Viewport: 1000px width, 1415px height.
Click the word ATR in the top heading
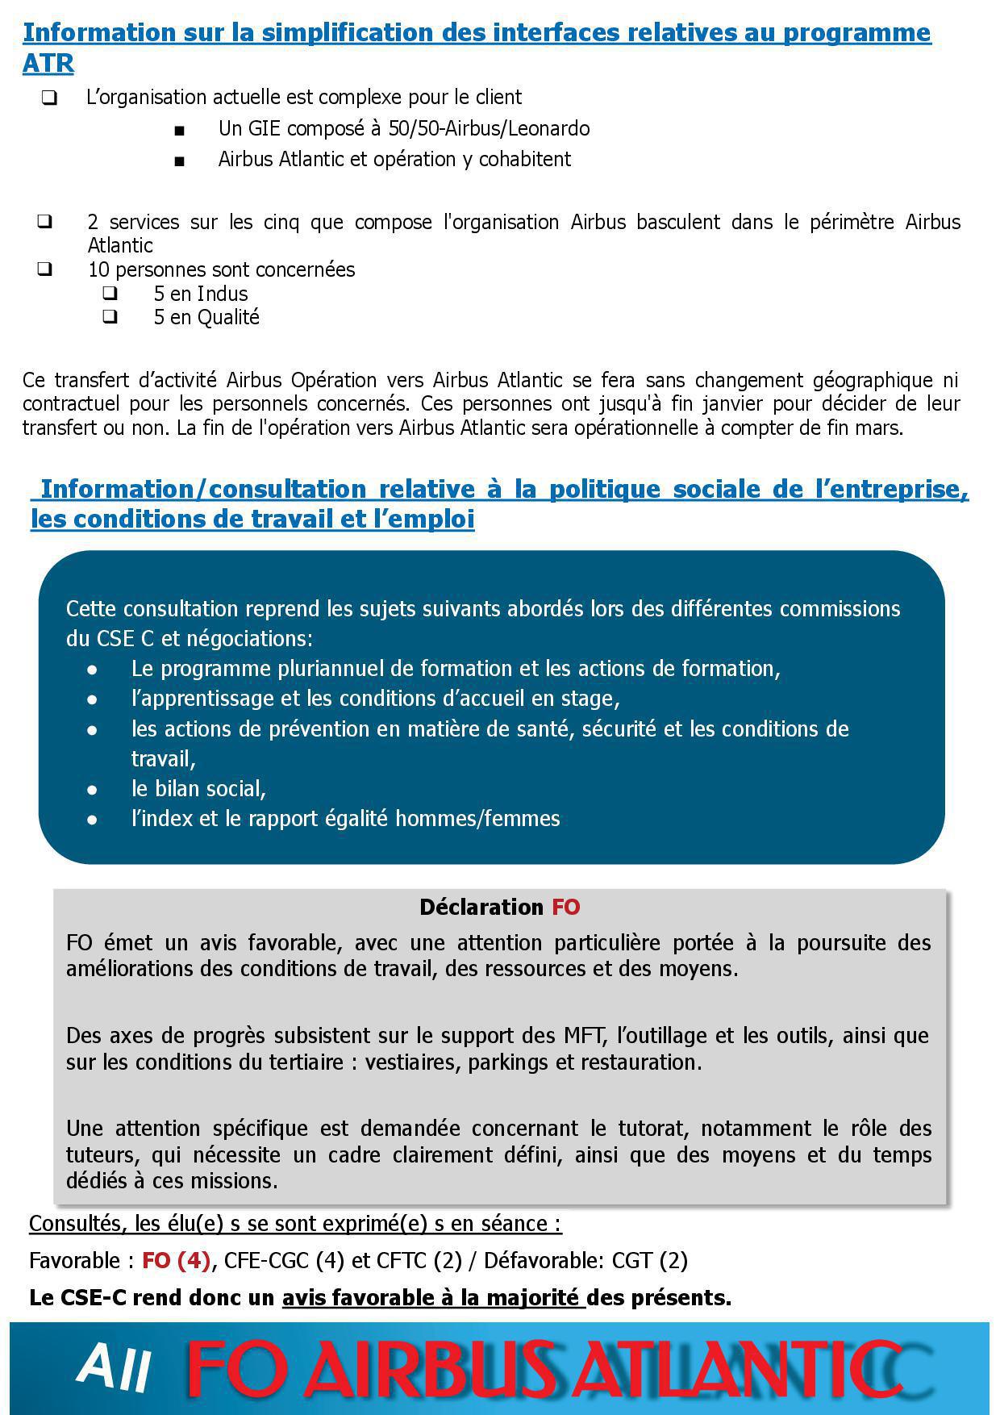48,63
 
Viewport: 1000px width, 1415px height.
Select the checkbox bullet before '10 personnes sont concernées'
45,269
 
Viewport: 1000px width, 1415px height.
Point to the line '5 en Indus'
201,294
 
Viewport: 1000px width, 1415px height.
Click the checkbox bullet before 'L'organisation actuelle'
49,98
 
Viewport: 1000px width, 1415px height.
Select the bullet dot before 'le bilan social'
93,789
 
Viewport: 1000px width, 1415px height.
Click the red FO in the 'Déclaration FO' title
566,908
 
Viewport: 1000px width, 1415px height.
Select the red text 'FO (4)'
176,1260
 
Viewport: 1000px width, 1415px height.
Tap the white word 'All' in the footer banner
115,1368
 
